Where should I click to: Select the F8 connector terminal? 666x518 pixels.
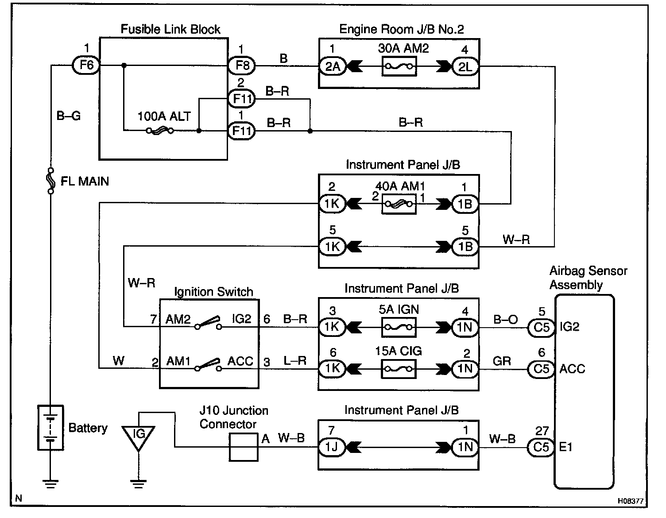pos(242,66)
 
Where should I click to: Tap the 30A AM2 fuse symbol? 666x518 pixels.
pos(399,67)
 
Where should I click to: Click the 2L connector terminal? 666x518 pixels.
pos(465,66)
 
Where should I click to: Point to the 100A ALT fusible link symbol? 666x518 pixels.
pos(160,131)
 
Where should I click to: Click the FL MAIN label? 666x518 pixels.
pos(84,181)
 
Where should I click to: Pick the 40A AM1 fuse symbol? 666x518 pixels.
pos(399,204)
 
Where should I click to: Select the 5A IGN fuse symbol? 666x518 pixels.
pos(399,328)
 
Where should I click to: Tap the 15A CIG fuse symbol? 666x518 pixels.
pos(399,369)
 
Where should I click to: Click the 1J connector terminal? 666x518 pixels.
pos(332,447)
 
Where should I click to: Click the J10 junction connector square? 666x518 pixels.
pos(244,447)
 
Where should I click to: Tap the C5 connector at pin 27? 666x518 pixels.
pos(541,447)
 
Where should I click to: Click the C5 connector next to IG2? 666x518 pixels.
pos(541,328)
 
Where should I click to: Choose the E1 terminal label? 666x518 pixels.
pos(566,447)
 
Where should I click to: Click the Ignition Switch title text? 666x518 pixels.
pos(213,292)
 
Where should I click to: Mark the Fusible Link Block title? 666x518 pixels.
pos(170,30)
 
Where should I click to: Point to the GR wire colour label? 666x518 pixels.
pos(502,361)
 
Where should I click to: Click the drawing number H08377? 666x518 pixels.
pos(631,502)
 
